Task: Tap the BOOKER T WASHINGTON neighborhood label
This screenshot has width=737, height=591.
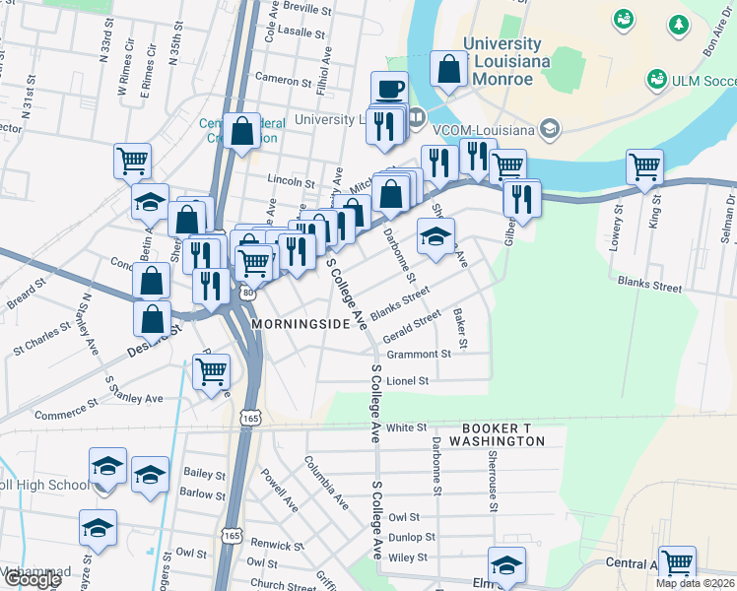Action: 503,434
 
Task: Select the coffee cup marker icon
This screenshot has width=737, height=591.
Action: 390,89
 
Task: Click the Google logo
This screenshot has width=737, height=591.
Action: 32,580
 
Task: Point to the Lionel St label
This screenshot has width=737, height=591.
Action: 408,380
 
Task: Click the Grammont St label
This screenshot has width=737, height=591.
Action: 419,354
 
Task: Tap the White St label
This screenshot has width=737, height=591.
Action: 406,427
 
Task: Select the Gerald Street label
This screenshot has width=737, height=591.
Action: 413,327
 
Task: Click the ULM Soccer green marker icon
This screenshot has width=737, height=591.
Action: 656,78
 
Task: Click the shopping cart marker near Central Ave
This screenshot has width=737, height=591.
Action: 678,562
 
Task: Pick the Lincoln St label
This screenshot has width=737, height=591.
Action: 291,182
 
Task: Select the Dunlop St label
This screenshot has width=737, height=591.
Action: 412,537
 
